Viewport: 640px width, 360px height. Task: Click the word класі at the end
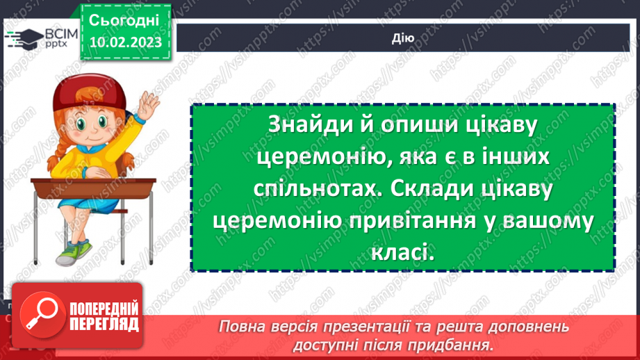coord(403,253)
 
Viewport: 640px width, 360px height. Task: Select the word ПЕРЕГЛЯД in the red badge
coord(104,324)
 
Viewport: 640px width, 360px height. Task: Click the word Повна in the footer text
coord(240,327)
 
